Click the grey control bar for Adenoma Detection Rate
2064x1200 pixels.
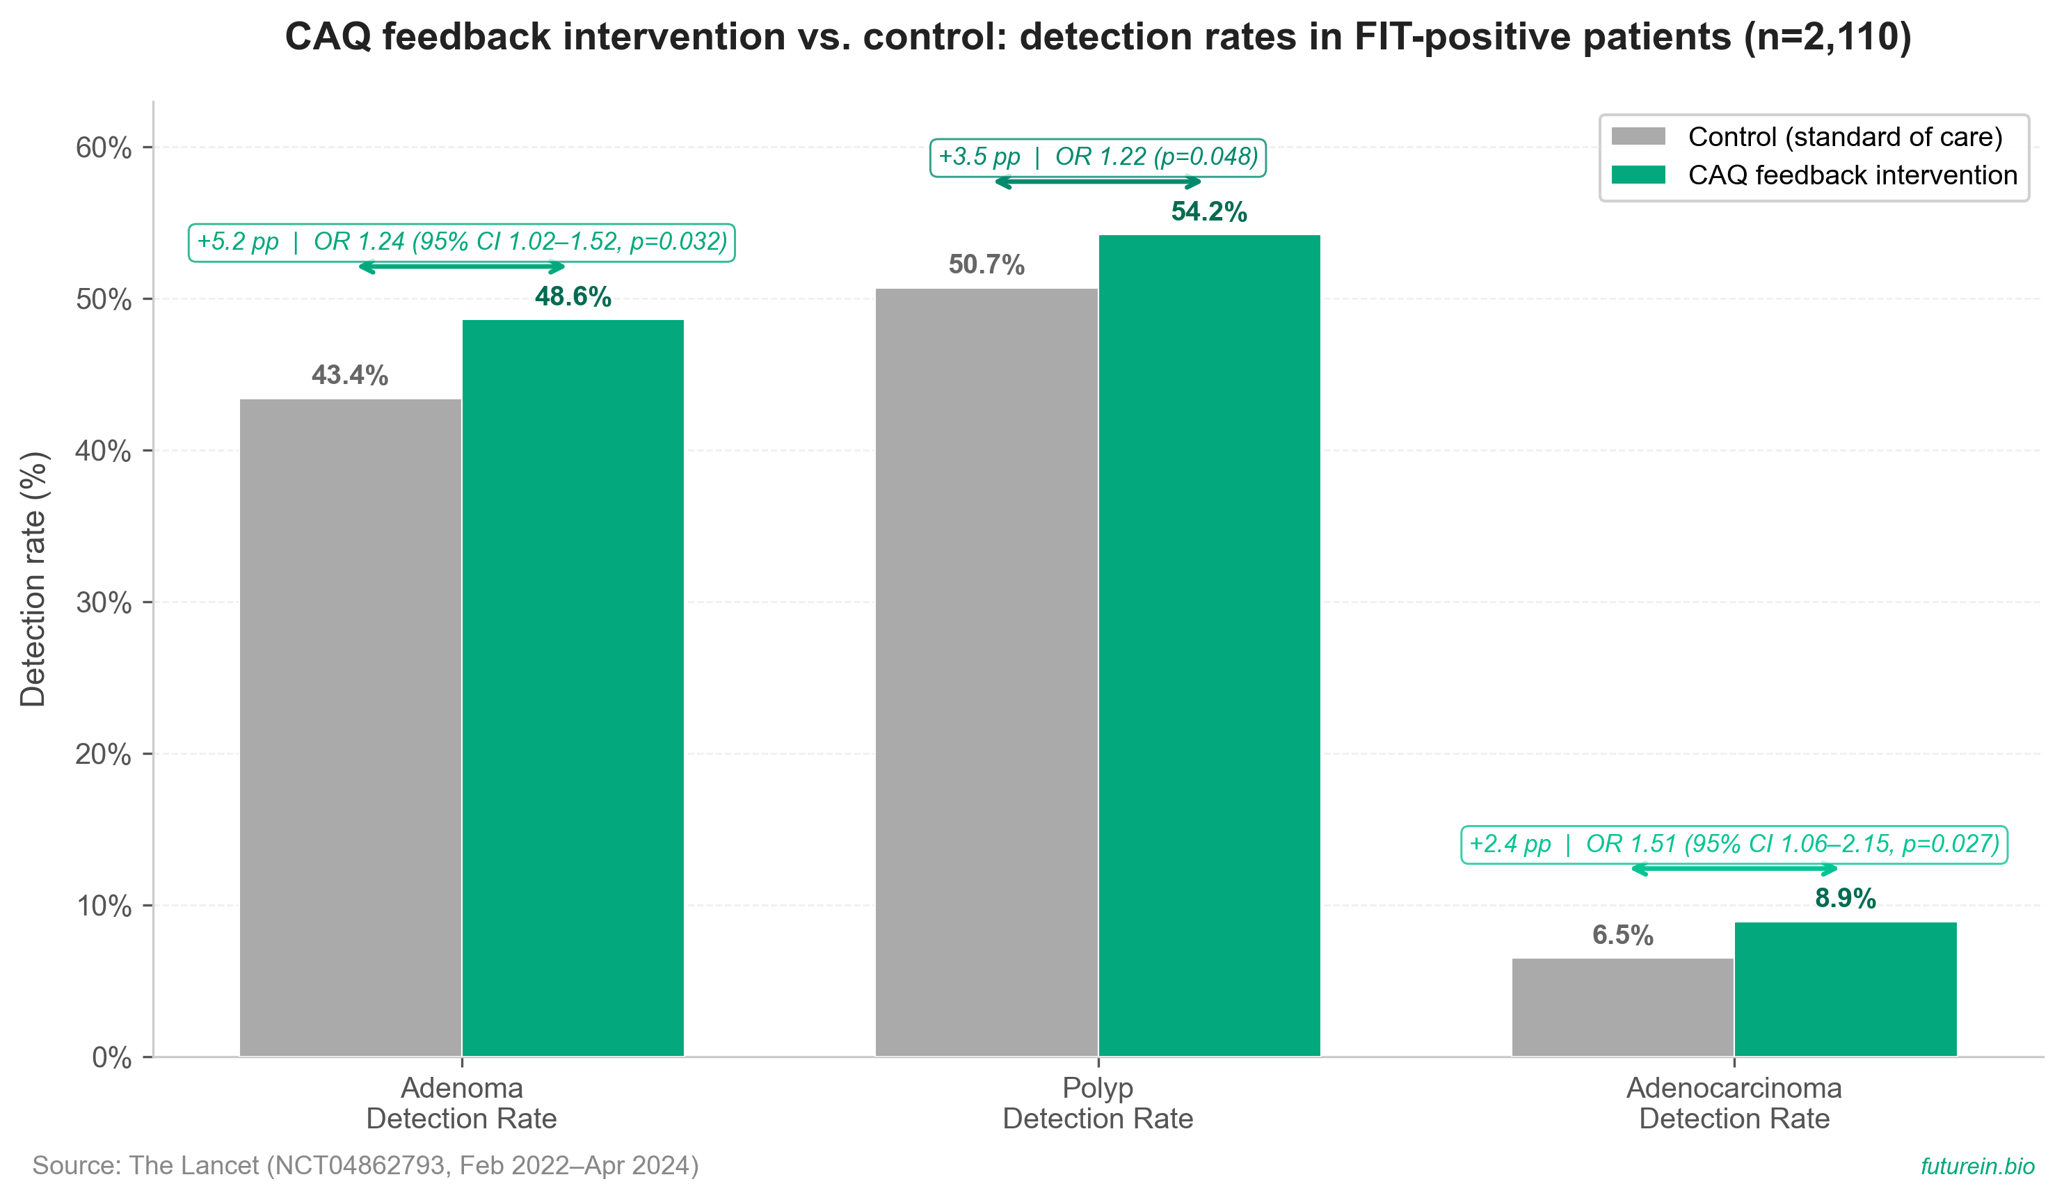click(351, 728)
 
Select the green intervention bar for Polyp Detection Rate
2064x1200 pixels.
click(1209, 646)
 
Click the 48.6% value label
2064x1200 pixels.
click(573, 296)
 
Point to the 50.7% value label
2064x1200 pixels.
click(986, 264)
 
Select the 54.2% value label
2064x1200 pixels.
click(1209, 211)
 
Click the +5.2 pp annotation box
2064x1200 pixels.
click(462, 243)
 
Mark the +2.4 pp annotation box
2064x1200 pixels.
click(1734, 845)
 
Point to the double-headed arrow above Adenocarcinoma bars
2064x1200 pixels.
click(1734, 869)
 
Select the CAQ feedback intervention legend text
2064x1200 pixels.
click(1853, 175)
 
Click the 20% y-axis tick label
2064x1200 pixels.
click(103, 754)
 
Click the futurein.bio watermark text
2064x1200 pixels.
click(1977, 1166)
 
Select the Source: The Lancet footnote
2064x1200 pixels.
click(365, 1166)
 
